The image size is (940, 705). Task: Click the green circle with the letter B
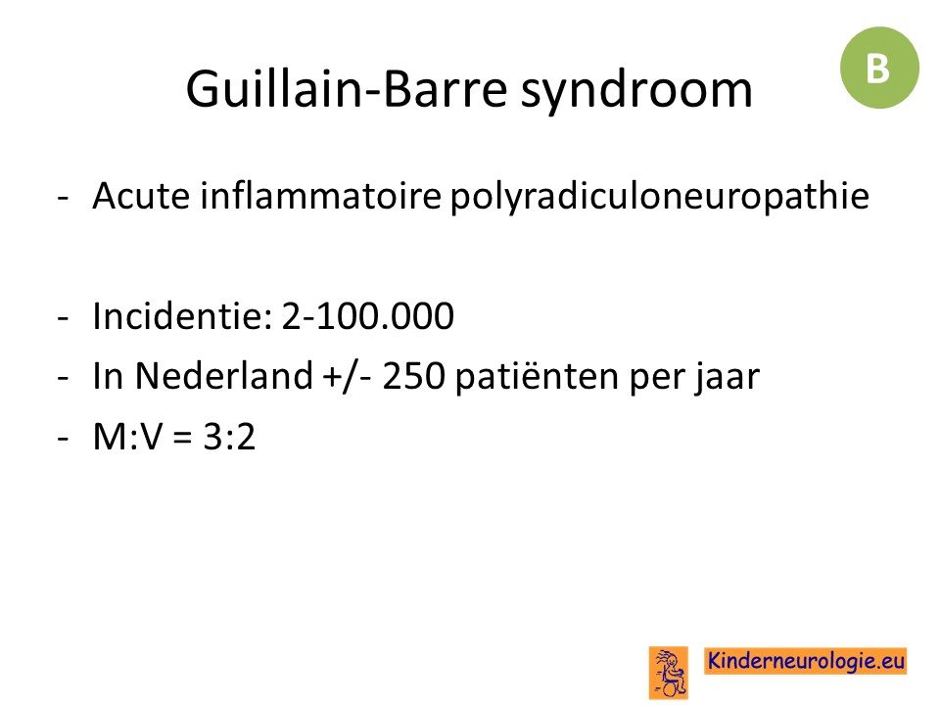879,68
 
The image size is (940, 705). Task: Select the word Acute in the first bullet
141,196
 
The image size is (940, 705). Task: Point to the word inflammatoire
321,196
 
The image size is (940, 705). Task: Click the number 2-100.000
367,316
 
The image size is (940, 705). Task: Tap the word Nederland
223,376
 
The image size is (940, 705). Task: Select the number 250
413,376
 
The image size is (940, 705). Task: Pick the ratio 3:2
229,437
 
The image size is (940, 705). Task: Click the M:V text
127,437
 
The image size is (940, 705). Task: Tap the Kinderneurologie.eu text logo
806,661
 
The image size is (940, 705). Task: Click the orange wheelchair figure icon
669,672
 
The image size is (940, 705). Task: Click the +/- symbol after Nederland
347,377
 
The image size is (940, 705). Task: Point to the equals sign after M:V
182,438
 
